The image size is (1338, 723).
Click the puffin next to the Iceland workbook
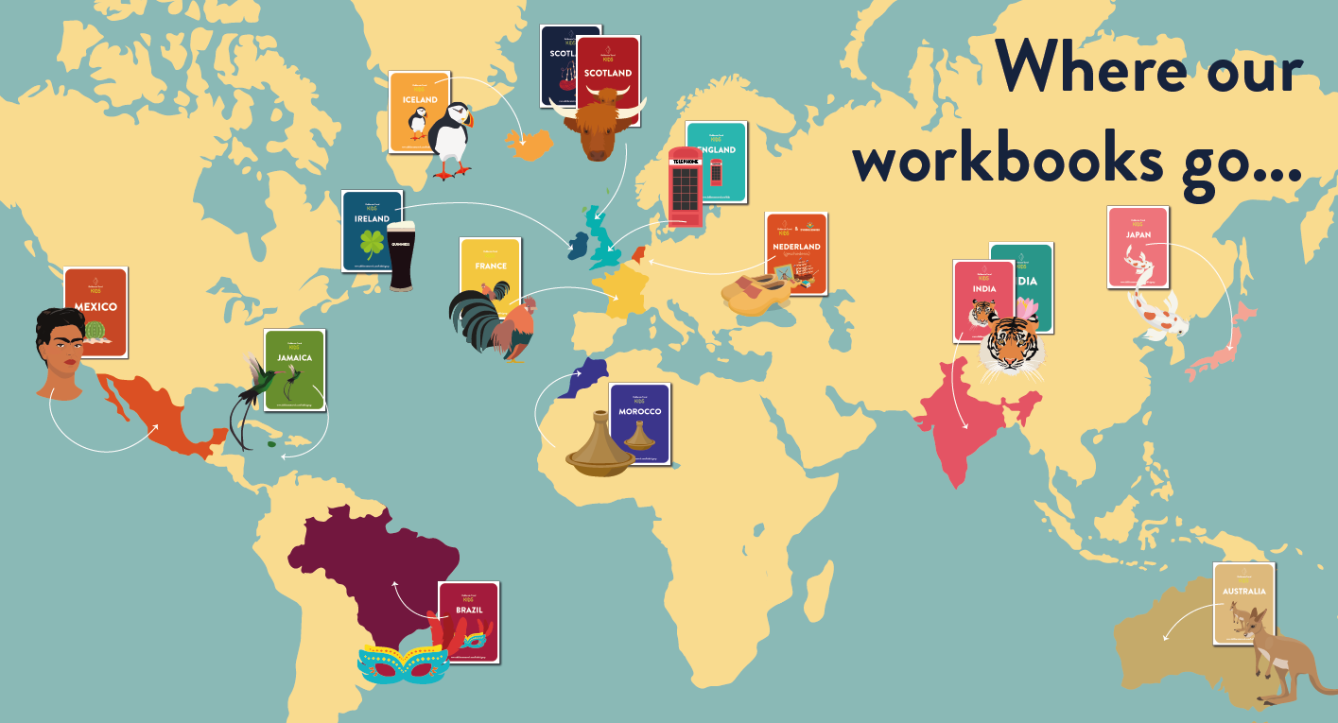coord(447,142)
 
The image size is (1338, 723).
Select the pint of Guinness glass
coord(400,255)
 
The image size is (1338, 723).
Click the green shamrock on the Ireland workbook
coord(372,245)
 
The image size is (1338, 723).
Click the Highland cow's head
coord(597,127)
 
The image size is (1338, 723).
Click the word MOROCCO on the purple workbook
coord(639,412)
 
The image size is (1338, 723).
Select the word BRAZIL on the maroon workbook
coord(468,610)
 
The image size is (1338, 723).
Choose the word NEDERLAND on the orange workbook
coord(796,247)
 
